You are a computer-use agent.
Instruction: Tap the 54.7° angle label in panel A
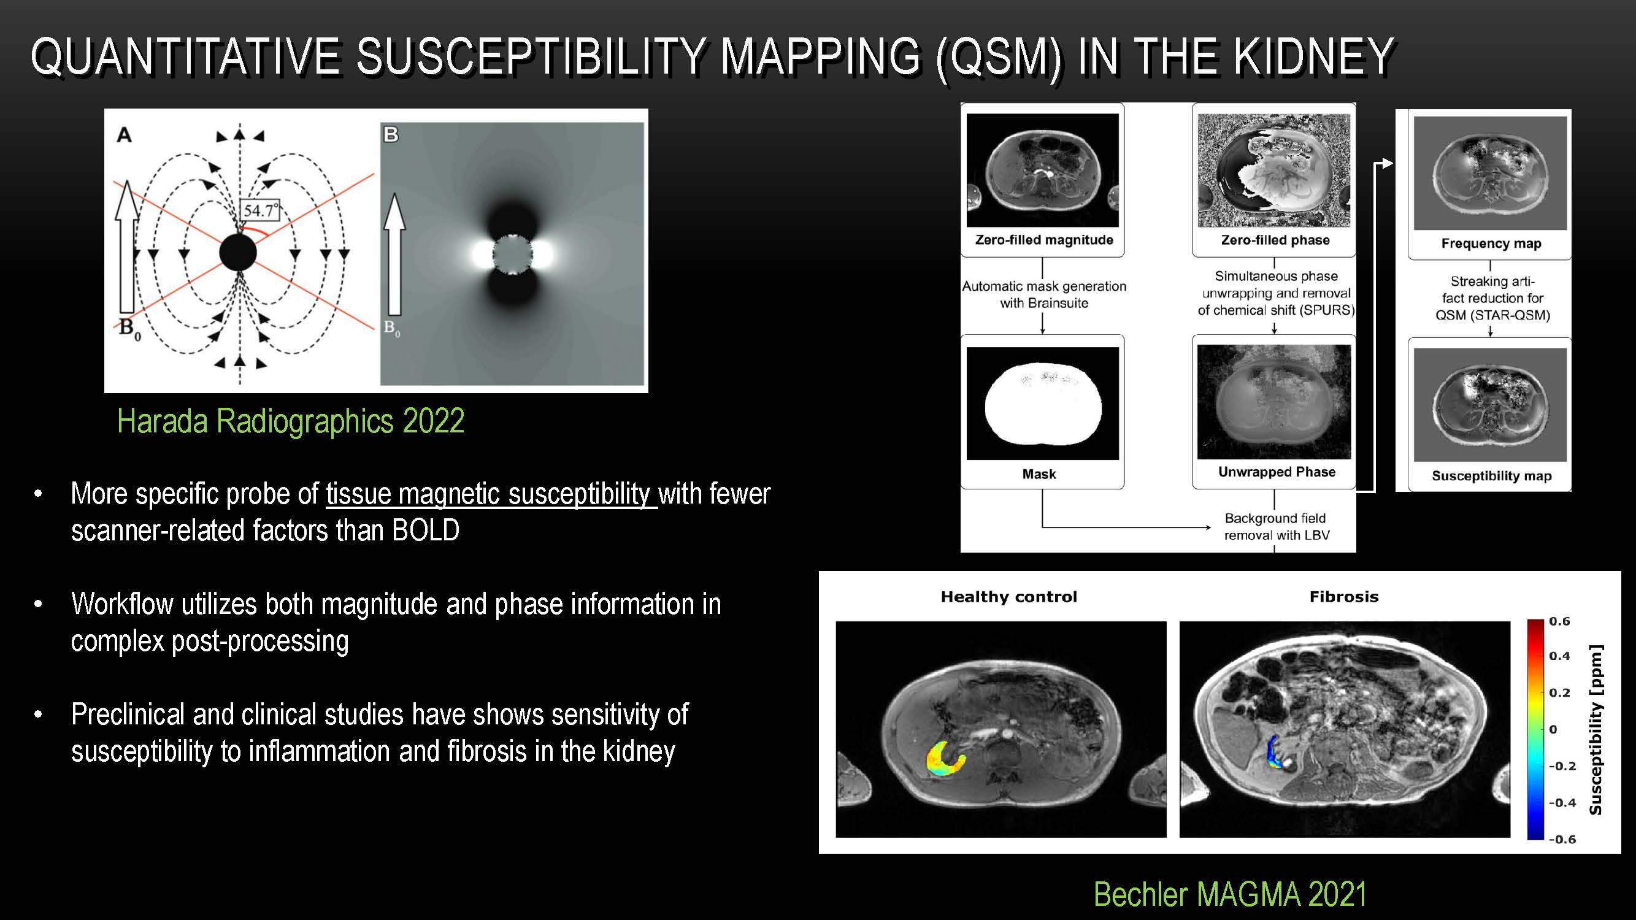[x=259, y=210]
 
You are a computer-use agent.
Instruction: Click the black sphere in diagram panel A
[x=238, y=253]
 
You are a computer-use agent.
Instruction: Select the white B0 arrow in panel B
[x=394, y=255]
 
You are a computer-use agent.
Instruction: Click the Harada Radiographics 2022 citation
[x=291, y=421]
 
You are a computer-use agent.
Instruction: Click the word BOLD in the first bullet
[x=426, y=530]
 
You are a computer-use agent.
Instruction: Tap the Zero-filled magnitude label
[x=1044, y=240]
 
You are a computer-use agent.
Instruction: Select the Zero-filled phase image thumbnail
[x=1274, y=170]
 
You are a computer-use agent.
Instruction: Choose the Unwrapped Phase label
[x=1277, y=472]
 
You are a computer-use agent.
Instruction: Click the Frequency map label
[x=1491, y=243]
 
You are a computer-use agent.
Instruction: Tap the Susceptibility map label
[x=1491, y=475]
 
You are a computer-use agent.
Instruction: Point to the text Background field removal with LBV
[x=1277, y=526]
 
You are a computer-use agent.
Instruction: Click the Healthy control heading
[x=1008, y=597]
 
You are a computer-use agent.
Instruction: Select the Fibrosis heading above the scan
[x=1344, y=597]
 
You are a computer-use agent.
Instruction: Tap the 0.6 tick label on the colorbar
[x=1559, y=621]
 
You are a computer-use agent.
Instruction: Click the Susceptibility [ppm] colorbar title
[x=1595, y=729]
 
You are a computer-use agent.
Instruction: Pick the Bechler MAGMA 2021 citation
[x=1230, y=894]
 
